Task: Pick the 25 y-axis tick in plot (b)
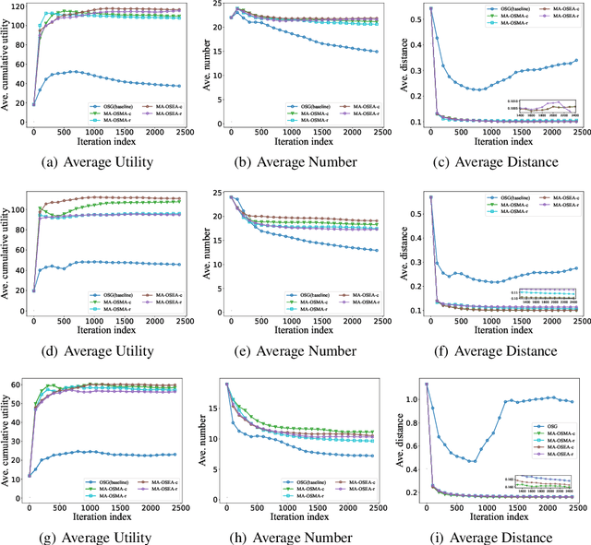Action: pyautogui.click(x=218, y=6)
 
